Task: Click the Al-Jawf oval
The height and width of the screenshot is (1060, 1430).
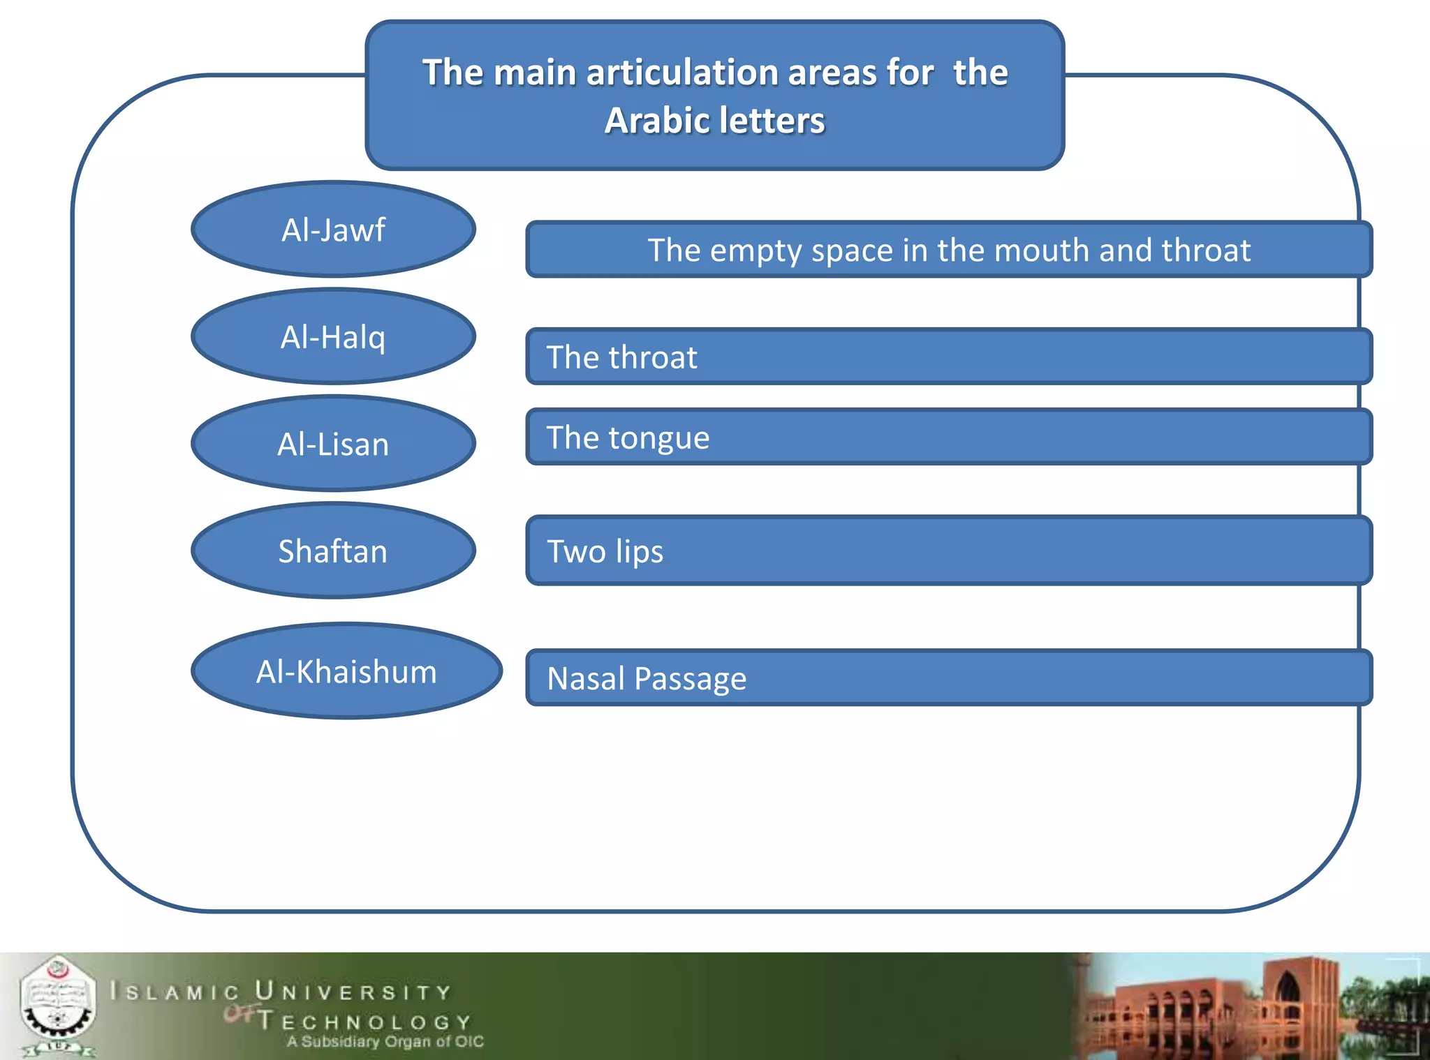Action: coord(333,230)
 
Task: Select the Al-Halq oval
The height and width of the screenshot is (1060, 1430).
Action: coord(333,337)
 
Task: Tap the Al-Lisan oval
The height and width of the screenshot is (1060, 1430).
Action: coord(333,444)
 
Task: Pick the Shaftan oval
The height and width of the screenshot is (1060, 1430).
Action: coord(333,551)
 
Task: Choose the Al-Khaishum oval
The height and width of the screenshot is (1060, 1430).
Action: coord(346,671)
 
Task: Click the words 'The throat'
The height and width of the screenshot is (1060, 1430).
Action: coord(621,357)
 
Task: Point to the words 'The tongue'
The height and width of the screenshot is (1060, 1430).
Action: coord(628,438)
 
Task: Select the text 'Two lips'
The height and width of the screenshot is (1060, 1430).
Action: coord(605,551)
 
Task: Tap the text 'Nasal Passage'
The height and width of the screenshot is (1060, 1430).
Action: coord(647,678)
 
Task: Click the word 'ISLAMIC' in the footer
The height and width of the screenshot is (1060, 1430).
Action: coord(175,992)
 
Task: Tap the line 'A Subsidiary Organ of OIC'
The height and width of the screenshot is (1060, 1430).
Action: coord(385,1042)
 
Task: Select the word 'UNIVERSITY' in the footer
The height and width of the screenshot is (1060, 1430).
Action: coord(353,992)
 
